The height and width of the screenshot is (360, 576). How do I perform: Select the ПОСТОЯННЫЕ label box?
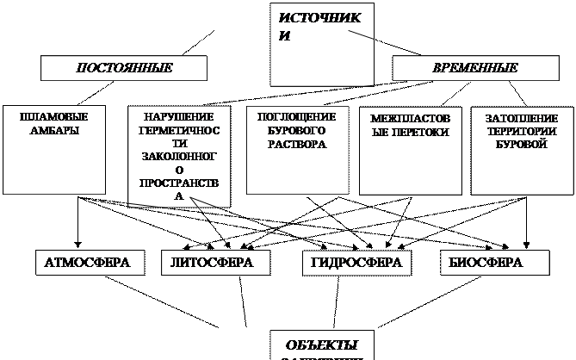click(125, 67)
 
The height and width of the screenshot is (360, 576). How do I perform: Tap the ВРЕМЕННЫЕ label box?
click(474, 67)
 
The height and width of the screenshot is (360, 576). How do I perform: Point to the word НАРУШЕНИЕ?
click(180, 116)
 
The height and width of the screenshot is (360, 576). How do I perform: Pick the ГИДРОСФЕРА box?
click(356, 263)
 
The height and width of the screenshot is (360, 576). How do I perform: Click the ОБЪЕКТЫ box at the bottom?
click(323, 344)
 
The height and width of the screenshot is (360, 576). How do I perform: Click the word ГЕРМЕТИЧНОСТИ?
click(180, 138)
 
